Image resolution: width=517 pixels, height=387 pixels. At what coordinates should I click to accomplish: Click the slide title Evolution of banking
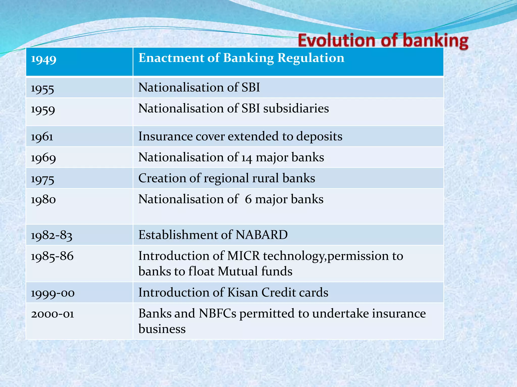click(383, 41)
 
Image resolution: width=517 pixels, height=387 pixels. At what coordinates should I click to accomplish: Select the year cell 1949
click(44, 59)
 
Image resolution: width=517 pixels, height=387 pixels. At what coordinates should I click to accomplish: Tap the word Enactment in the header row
click(171, 58)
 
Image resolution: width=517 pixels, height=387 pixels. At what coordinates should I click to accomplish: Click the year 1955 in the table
click(42, 89)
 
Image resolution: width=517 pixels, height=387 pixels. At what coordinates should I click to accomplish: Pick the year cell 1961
click(42, 137)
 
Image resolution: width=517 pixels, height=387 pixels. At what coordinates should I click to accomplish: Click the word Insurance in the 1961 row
click(165, 136)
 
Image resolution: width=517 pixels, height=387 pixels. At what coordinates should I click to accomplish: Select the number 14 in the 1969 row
click(246, 158)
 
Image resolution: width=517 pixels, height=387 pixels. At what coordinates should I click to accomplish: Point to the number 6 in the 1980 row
click(248, 199)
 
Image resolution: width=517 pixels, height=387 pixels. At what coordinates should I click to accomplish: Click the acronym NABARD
click(262, 235)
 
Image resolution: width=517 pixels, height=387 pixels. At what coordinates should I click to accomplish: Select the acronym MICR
click(243, 256)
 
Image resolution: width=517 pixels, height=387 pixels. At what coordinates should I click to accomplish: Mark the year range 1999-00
click(53, 293)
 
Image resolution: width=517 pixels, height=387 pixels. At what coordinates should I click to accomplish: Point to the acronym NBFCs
click(217, 314)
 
